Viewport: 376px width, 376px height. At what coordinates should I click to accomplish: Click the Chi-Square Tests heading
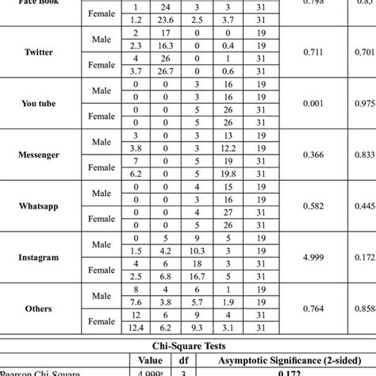(187, 345)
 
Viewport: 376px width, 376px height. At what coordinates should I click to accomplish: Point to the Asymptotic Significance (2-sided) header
(284, 358)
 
